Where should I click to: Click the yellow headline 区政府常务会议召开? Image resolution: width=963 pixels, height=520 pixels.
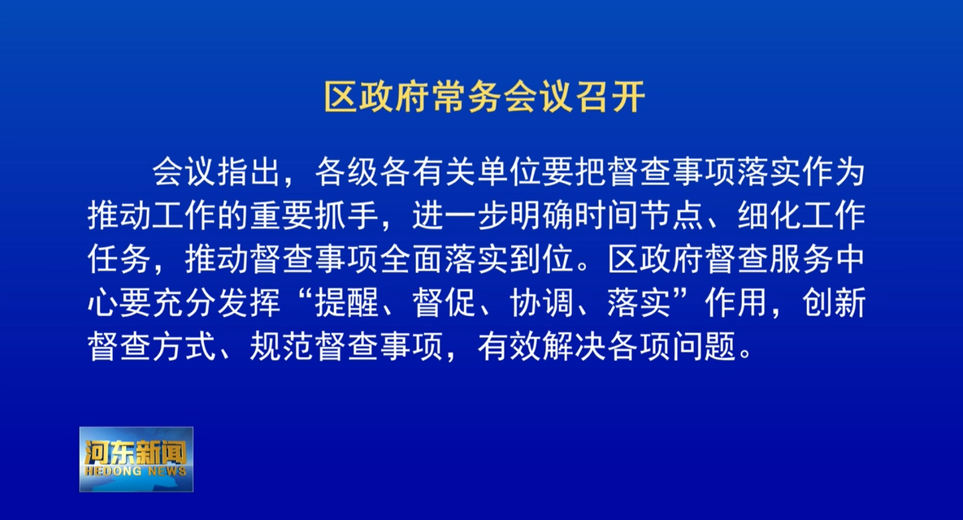(x=484, y=97)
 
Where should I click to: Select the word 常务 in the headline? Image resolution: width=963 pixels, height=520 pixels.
(x=466, y=97)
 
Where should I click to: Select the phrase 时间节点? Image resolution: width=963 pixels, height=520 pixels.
(x=638, y=216)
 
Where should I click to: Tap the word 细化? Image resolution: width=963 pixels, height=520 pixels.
(x=769, y=216)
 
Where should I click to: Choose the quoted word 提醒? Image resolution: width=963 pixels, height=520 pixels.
(x=347, y=303)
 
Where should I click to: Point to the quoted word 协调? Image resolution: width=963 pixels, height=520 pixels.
(x=542, y=303)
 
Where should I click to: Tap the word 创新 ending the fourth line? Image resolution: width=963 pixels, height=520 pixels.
(x=834, y=303)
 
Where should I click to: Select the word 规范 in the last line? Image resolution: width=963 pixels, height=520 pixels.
(x=282, y=347)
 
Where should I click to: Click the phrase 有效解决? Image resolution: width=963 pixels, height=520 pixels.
(x=541, y=347)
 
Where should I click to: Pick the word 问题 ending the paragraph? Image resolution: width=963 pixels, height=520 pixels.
(x=704, y=347)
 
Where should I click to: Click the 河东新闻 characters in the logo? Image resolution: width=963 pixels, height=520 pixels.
(x=136, y=453)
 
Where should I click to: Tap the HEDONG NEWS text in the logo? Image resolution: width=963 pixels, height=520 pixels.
(x=136, y=471)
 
